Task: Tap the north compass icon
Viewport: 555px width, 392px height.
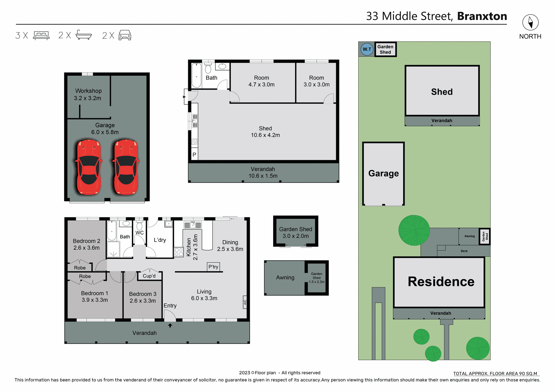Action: click(530, 23)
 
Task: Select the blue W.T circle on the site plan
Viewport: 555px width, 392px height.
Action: click(367, 49)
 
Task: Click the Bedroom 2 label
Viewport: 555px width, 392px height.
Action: click(86, 244)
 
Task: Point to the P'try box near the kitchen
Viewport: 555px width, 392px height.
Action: click(213, 267)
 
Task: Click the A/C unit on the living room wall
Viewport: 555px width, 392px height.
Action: click(245, 302)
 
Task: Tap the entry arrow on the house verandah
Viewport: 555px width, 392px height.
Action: click(170, 325)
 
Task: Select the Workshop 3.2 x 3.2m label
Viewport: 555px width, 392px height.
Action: click(88, 94)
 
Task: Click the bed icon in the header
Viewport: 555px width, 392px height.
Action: click(41, 36)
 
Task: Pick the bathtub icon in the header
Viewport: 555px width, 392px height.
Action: click(84, 35)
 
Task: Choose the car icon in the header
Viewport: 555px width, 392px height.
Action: click(125, 35)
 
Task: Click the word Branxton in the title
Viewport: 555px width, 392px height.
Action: click(482, 16)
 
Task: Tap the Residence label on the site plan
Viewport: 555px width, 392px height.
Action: click(441, 281)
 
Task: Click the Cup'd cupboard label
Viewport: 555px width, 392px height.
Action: click(149, 276)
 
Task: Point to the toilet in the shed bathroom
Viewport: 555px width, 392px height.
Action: click(208, 68)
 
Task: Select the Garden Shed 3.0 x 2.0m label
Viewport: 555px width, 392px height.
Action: click(295, 232)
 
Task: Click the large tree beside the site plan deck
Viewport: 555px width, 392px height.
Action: click(414, 230)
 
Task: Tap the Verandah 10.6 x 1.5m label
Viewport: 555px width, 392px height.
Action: click(263, 172)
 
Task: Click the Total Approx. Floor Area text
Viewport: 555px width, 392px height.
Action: click(495, 374)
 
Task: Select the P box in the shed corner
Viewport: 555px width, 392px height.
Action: click(194, 155)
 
